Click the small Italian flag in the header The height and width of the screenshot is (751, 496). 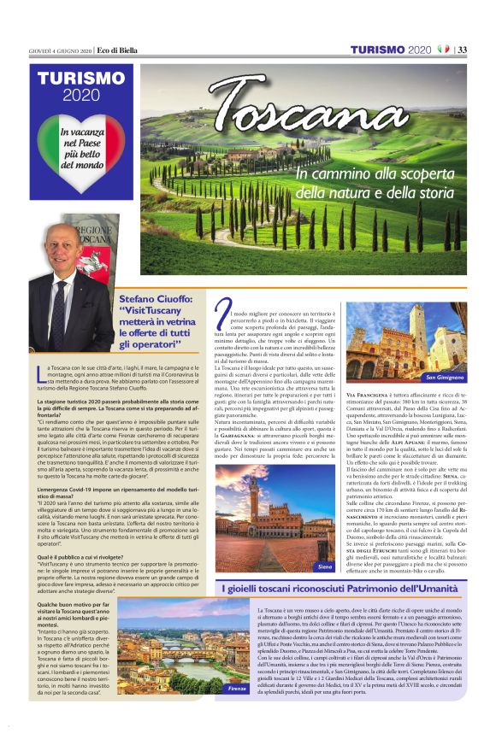pyautogui.click(x=443, y=50)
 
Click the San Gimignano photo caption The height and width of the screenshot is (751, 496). pyautogui.click(x=443, y=376)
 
